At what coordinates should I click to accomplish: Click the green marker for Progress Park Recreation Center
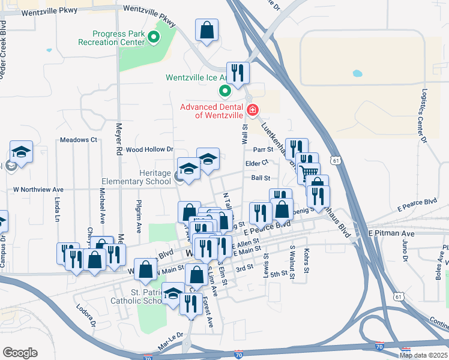(154, 39)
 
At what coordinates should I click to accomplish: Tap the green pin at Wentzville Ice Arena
(225, 91)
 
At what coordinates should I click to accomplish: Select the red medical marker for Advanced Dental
(253, 110)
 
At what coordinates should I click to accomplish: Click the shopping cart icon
(309, 173)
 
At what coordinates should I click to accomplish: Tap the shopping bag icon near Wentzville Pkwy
(206, 29)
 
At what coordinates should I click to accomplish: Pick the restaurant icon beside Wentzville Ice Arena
(238, 73)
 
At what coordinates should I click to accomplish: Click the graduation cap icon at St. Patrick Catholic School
(173, 293)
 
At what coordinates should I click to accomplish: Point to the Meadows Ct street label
(79, 140)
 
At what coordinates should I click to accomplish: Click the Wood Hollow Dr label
(149, 149)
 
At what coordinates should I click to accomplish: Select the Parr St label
(263, 149)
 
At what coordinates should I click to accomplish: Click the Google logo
(20, 353)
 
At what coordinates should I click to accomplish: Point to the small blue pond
(357, 74)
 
